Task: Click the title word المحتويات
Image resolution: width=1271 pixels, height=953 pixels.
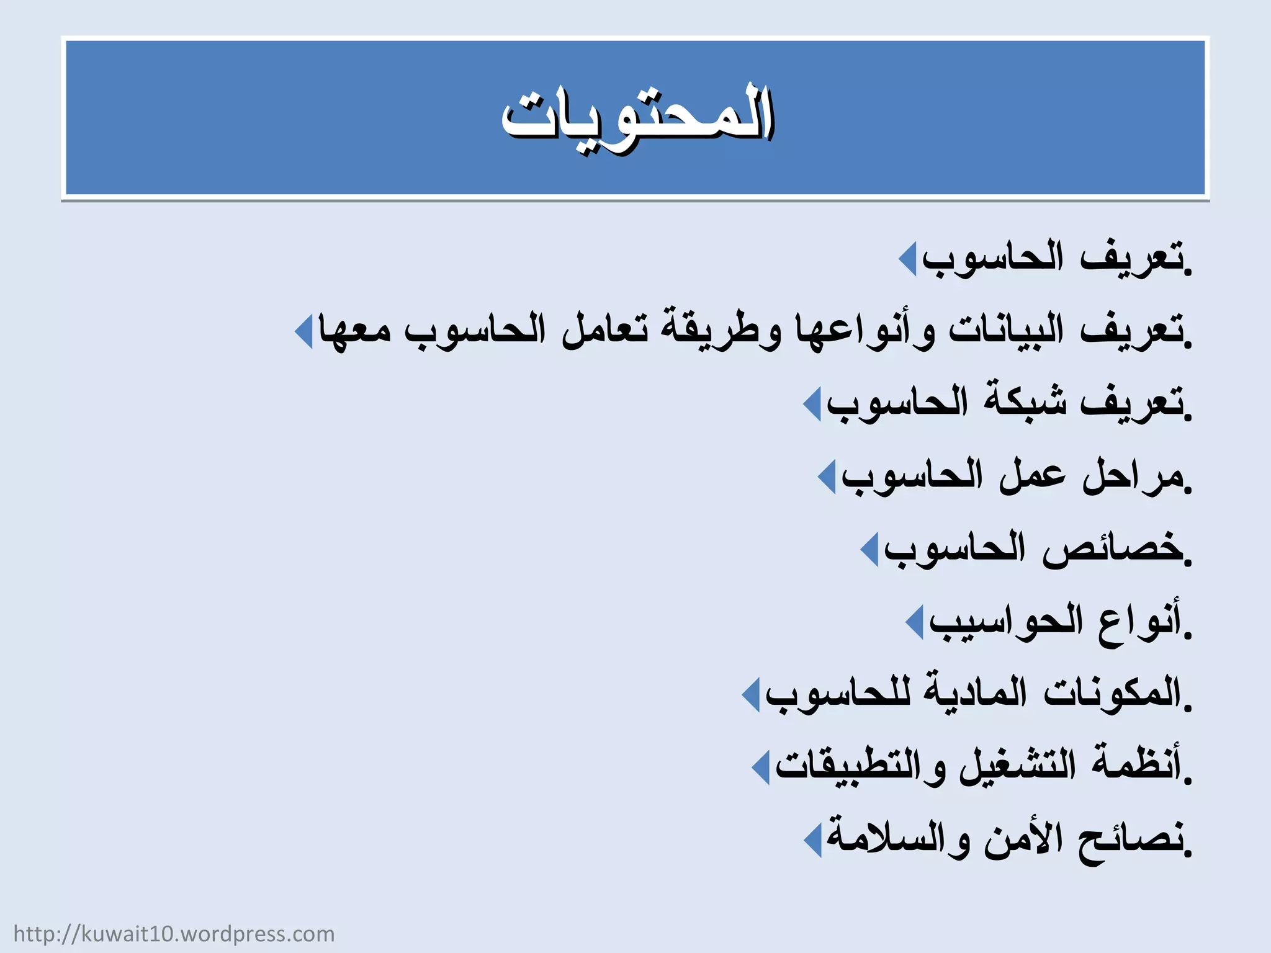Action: (637, 118)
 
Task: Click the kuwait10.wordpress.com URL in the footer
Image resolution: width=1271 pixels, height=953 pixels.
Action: (174, 934)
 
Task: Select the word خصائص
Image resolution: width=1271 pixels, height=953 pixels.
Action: (1111, 548)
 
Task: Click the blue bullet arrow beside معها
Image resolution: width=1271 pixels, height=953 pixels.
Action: (303, 331)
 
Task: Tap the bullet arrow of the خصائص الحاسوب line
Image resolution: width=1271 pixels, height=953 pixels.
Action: (869, 549)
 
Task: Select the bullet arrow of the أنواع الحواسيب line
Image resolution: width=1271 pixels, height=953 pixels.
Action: (915, 622)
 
